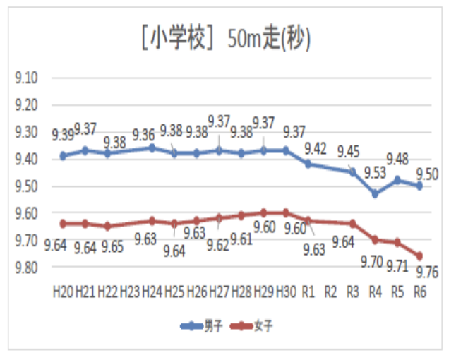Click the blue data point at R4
pyautogui.click(x=375, y=193)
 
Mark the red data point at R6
pyautogui.click(x=419, y=256)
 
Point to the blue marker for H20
pyautogui.click(x=64, y=156)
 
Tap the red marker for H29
pyautogui.click(x=263, y=212)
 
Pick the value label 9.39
pyautogui.click(x=61, y=134)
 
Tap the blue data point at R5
pyautogui.click(x=397, y=180)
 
